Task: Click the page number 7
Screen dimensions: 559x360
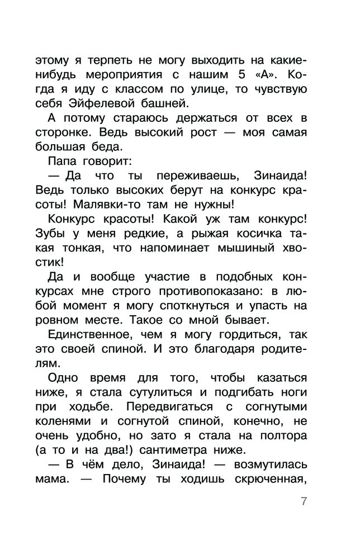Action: click(x=304, y=501)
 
